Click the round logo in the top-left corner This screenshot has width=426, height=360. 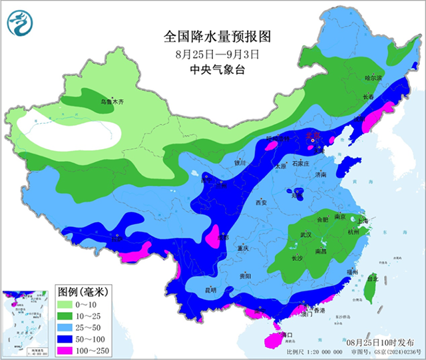tap(20, 25)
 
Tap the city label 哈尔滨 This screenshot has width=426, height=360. tap(373, 78)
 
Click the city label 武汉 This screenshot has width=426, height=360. tap(306, 235)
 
